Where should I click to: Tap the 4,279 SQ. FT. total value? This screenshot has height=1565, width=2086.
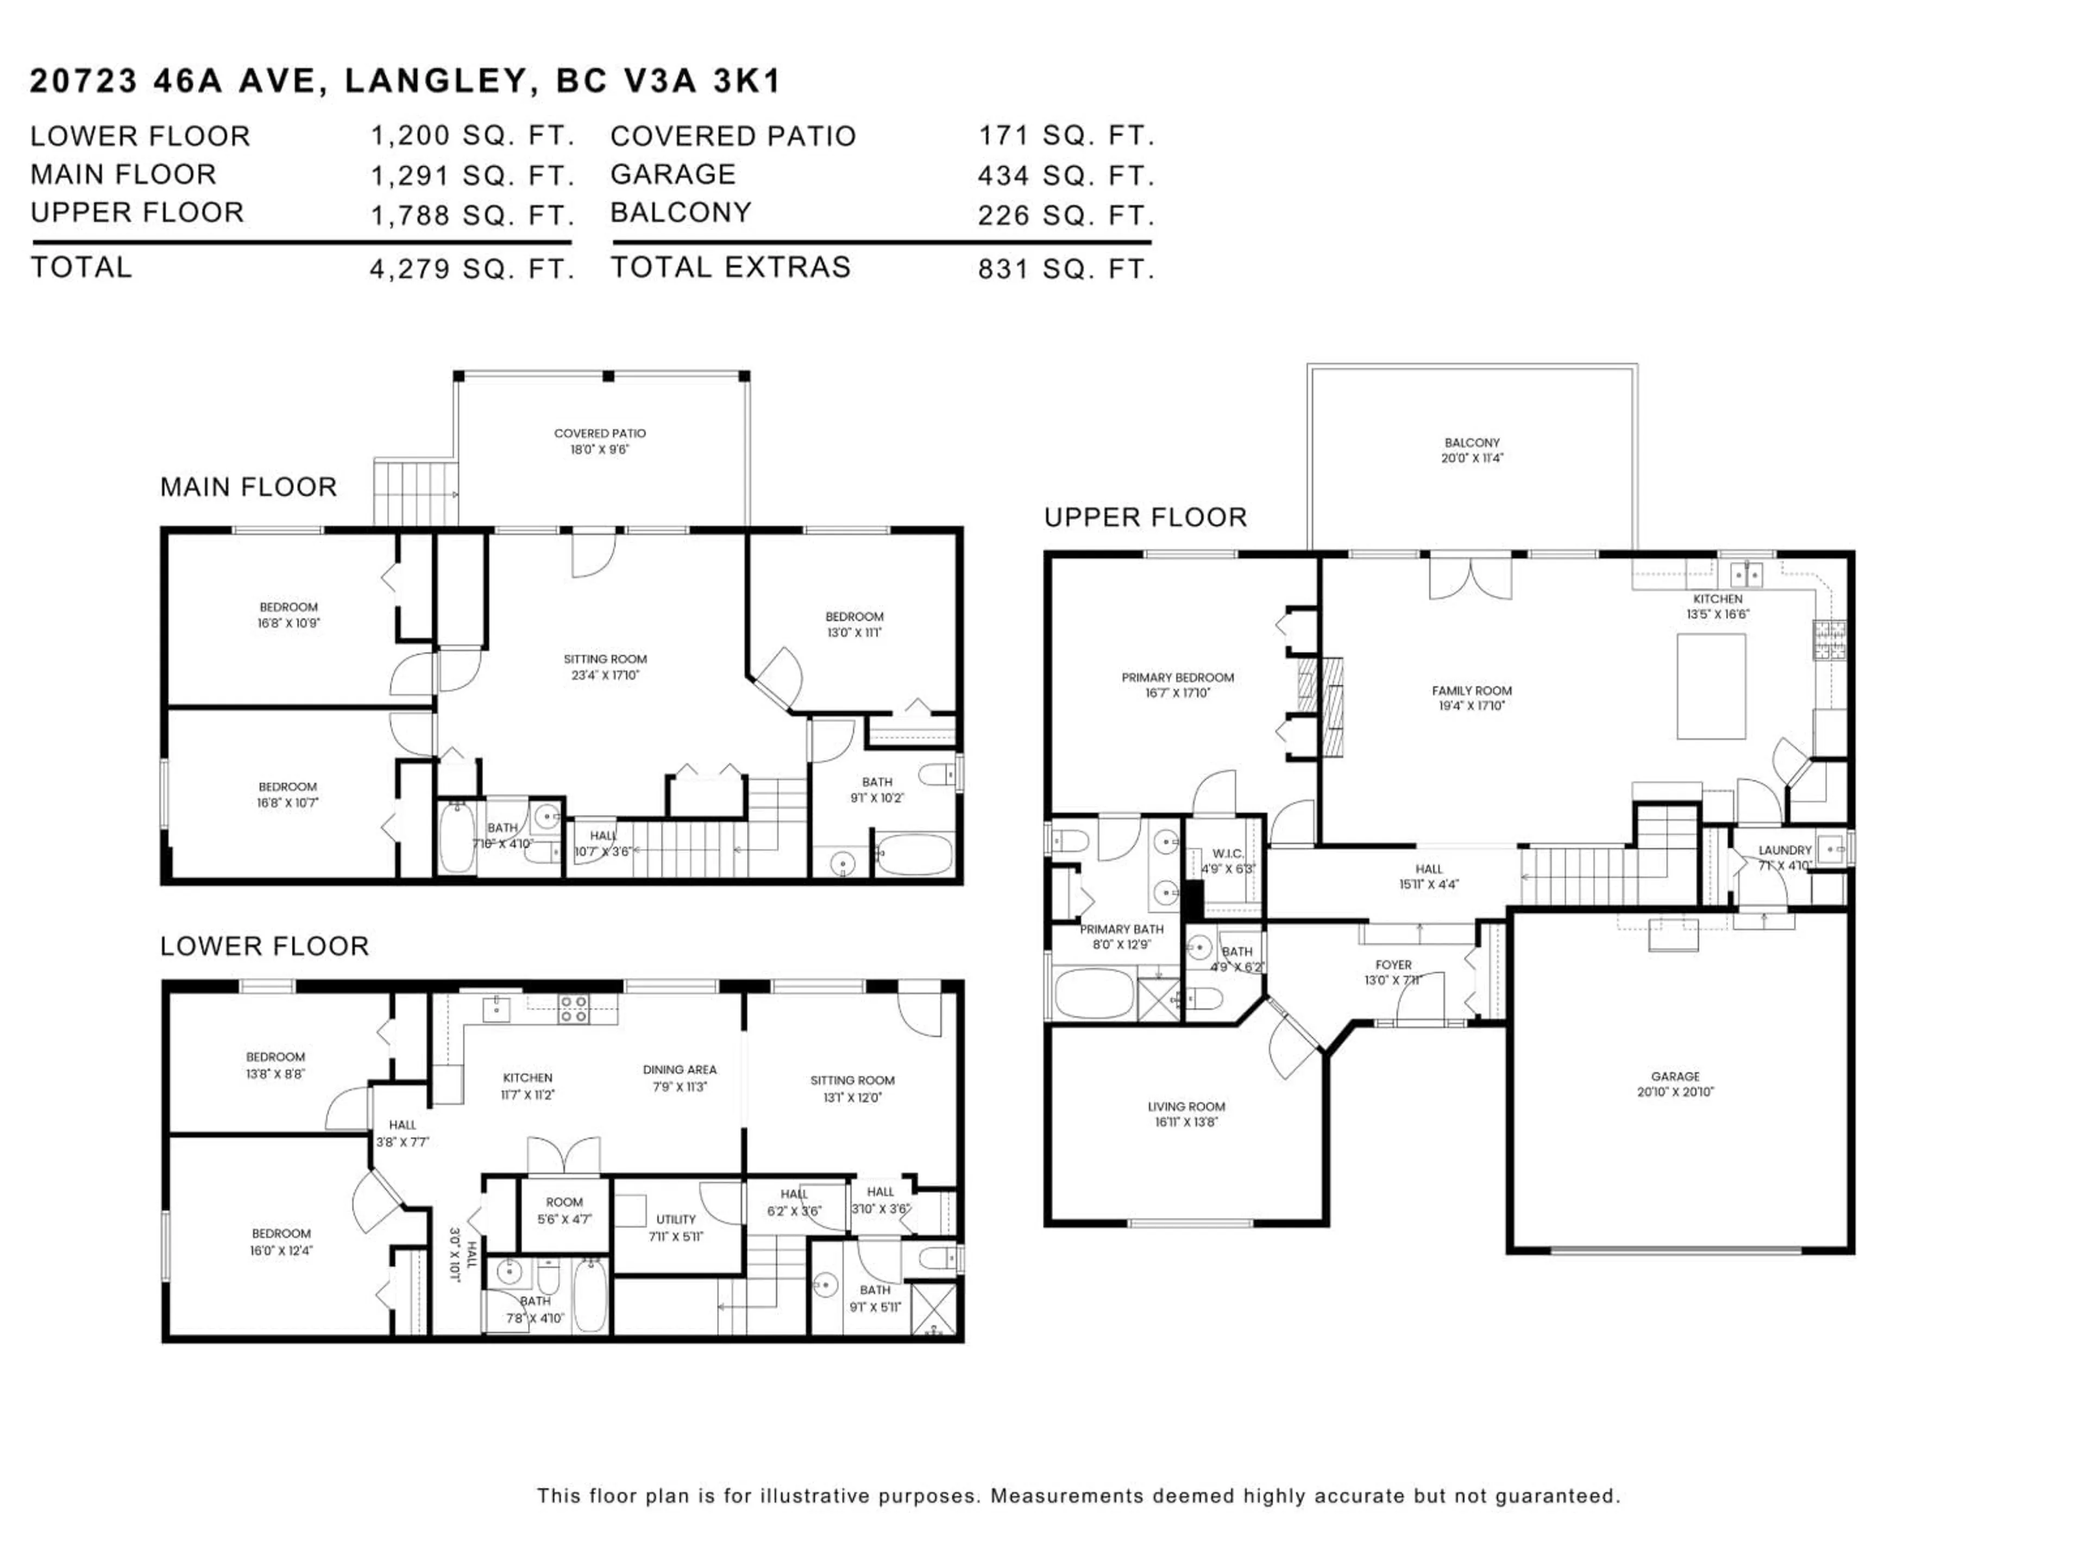472,270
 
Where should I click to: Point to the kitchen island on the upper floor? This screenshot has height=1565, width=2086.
1711,686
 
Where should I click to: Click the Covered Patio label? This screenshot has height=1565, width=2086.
600,441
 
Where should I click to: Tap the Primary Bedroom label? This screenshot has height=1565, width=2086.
1177,685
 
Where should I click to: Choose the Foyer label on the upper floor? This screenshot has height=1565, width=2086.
1393,972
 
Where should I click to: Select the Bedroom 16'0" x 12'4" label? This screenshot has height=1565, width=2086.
281,1242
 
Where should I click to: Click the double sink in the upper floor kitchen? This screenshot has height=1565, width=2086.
1746,573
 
